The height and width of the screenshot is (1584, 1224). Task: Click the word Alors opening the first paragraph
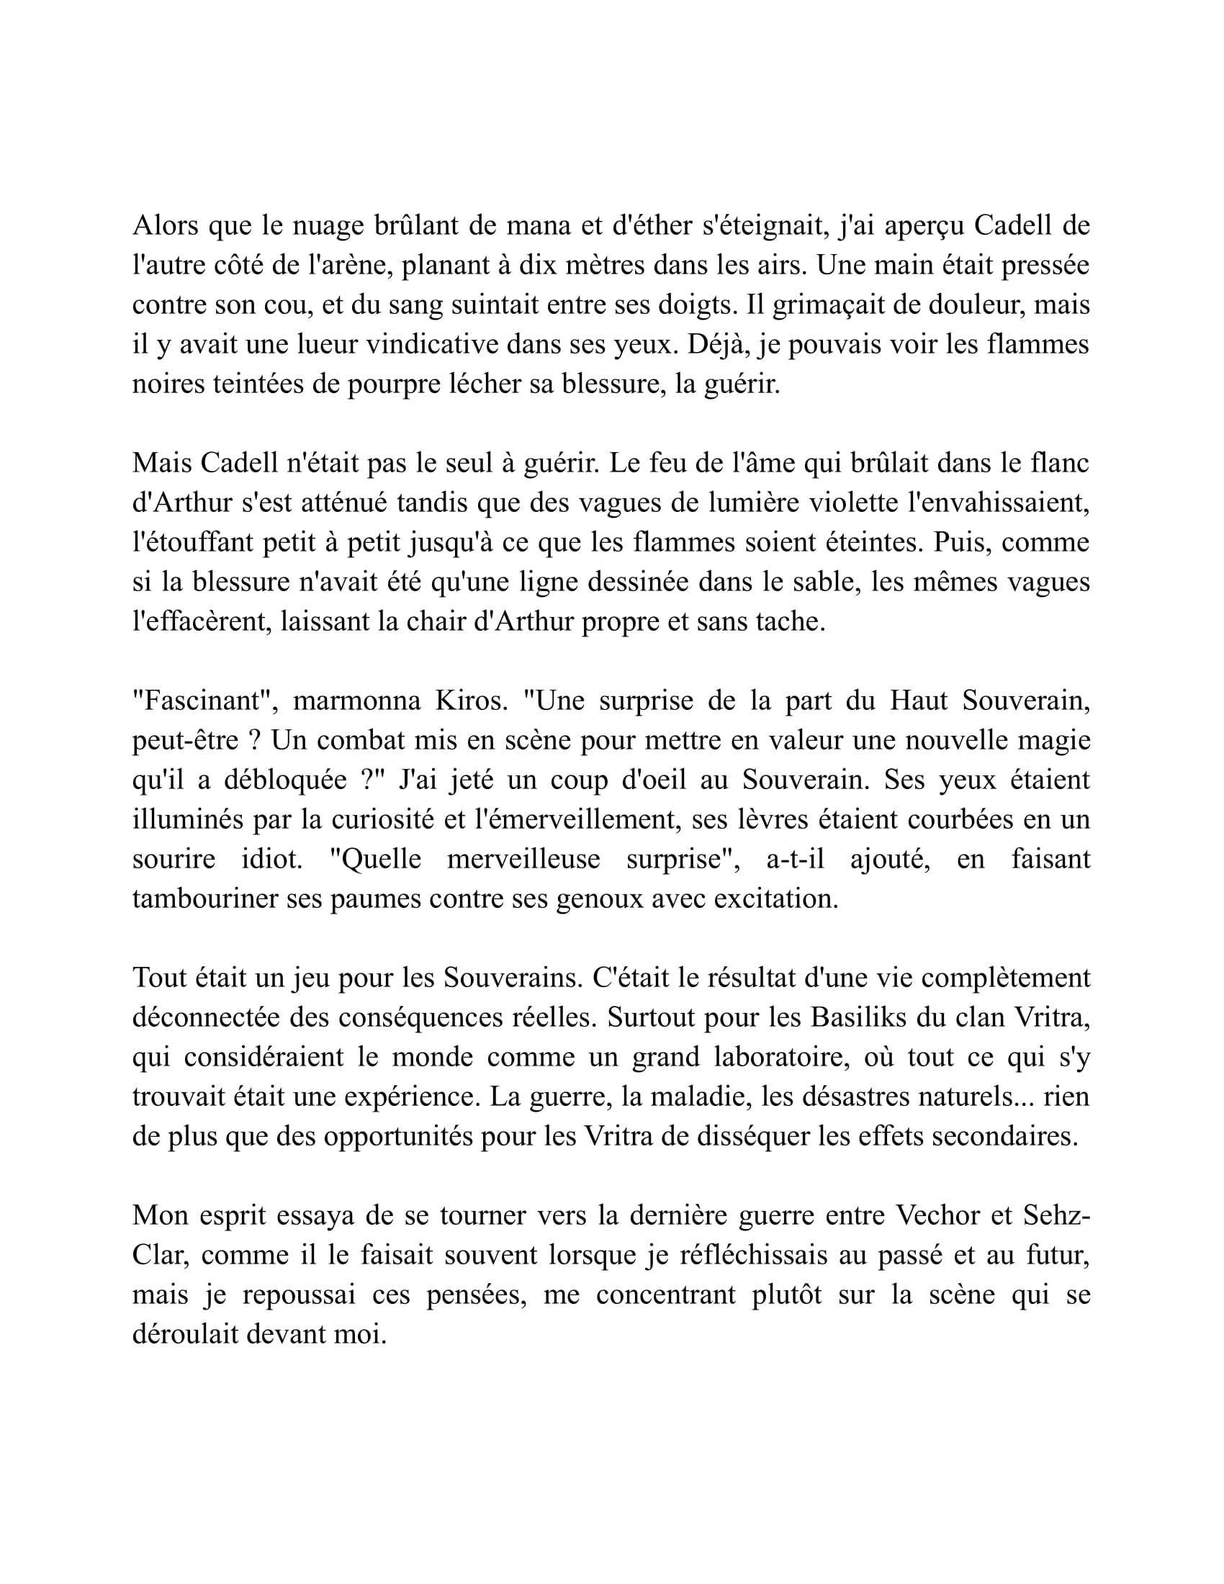166,225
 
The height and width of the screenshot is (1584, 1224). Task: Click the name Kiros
467,701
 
